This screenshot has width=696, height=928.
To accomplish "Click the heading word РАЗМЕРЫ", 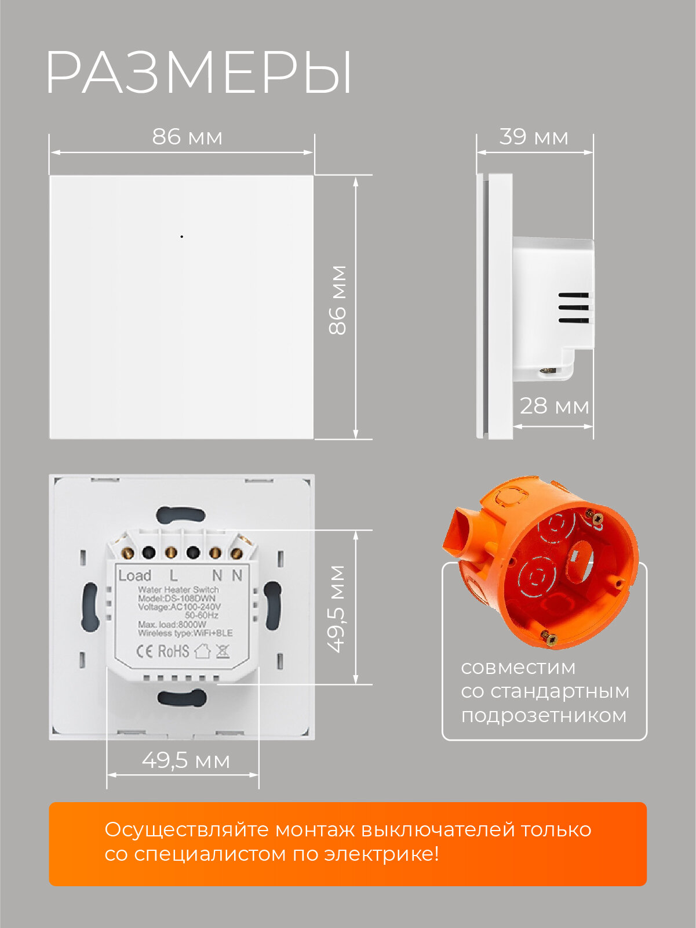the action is click(x=199, y=72).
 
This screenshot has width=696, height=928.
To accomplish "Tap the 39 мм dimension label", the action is click(x=534, y=137).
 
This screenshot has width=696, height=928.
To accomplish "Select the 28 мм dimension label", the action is click(x=554, y=406).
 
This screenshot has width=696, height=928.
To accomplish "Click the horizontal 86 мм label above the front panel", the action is click(x=187, y=137).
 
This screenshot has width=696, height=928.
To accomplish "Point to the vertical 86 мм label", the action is click(x=337, y=300).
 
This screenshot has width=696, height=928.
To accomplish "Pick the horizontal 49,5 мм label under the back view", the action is click(x=186, y=760).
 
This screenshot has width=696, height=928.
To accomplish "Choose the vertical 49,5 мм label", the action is click(x=337, y=608).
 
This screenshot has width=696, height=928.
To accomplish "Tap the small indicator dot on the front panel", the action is click(x=181, y=237).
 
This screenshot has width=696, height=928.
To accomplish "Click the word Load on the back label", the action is click(x=134, y=575).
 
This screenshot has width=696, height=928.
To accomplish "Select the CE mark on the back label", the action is click(x=144, y=651).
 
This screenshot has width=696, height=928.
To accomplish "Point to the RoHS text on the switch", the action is click(x=173, y=651).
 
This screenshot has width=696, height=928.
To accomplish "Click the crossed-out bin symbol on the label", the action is click(x=222, y=651).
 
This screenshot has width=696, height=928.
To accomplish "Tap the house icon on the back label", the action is click(x=202, y=651).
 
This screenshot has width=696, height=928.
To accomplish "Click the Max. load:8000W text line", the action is click(x=172, y=625).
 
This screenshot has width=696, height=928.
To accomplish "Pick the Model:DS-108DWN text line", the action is click(x=177, y=599).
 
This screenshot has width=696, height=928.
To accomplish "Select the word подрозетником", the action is click(x=544, y=715).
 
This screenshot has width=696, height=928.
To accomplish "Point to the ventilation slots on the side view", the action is click(x=573, y=307).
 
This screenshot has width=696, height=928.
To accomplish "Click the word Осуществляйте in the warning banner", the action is click(x=186, y=829).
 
